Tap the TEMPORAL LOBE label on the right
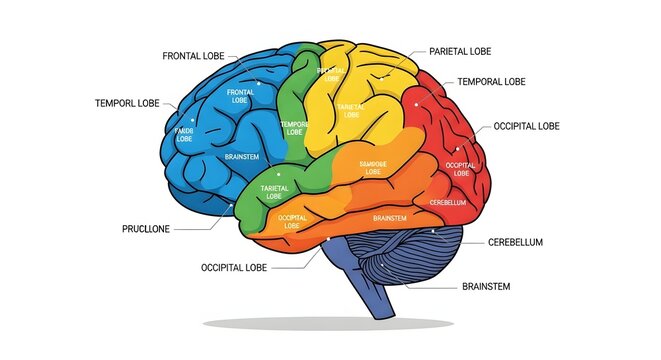pyautogui.click(x=491, y=81)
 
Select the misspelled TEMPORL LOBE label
pyautogui.click(x=127, y=103)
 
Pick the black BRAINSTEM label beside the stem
pyautogui.click(x=486, y=287)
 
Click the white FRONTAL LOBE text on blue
pyautogui.click(x=240, y=97)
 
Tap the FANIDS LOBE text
pyautogui.click(x=184, y=135)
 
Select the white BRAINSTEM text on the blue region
pyautogui.click(x=243, y=157)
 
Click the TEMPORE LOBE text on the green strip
pyautogui.click(x=294, y=128)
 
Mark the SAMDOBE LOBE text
pyautogui.click(x=373, y=167)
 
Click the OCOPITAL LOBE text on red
pyautogui.click(x=460, y=170)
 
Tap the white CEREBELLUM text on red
pyautogui.click(x=448, y=203)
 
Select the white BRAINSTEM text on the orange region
pyautogui.click(x=389, y=218)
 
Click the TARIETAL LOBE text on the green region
pyautogui.click(x=275, y=191)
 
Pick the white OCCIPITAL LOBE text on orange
pyautogui.click(x=292, y=222)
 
